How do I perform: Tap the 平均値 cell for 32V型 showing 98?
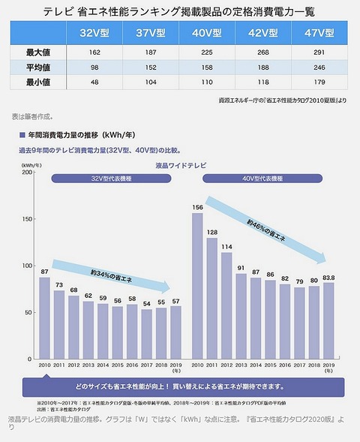pyautogui.click(x=94, y=67)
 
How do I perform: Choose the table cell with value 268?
pyautogui.click(x=264, y=53)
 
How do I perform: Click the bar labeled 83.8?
pyautogui.click(x=328, y=321)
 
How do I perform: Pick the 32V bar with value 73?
pyautogui.click(x=58, y=326)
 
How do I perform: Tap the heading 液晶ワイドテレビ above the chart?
pyautogui.click(x=176, y=164)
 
